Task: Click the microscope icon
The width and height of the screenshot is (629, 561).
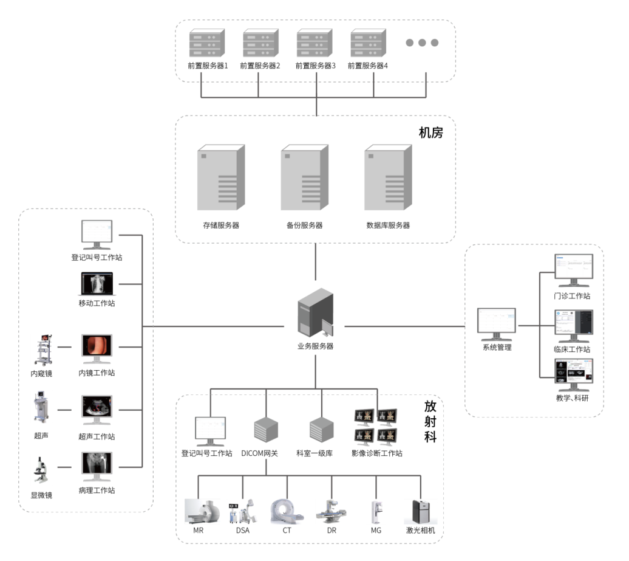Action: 42,470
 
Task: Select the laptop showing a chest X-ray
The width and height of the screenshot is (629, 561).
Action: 97,284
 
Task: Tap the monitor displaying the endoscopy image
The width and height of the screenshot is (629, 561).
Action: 97,347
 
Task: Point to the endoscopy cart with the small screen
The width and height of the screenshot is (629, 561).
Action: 42,349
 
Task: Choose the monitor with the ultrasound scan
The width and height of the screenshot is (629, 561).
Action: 97,408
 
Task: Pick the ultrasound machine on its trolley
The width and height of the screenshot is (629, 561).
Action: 42,407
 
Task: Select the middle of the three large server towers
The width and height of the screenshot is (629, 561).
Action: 304,178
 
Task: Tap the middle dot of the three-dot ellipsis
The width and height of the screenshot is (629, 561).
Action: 422,43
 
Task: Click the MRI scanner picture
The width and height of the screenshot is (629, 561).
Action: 202,511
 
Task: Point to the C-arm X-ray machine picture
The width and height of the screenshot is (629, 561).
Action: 243,511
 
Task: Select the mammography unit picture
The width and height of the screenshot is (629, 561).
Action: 376,512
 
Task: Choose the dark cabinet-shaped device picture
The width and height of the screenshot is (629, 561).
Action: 421,512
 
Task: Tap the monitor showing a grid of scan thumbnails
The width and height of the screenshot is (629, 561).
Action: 573,373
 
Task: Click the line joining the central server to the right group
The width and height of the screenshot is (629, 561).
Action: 404,326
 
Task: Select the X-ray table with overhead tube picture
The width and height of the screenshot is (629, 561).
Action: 331,511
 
